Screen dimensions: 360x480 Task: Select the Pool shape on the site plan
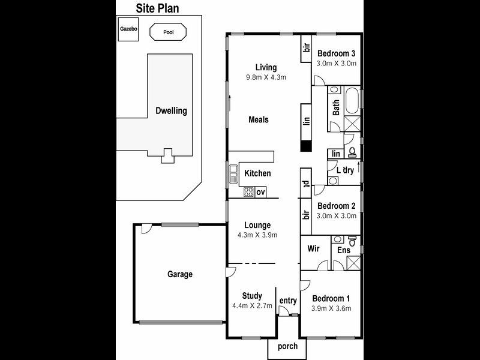point(169,31)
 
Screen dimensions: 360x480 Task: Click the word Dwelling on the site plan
point(171,111)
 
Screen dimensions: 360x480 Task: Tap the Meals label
point(259,119)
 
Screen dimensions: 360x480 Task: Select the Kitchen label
point(257,173)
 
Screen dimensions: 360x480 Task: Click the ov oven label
point(260,193)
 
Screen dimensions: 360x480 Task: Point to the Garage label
point(179,274)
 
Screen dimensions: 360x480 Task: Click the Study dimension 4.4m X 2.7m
point(252,306)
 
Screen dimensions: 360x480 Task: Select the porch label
point(287,347)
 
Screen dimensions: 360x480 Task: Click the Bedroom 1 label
point(331,298)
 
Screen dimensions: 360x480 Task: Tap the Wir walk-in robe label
point(313,249)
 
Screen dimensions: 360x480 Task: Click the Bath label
point(336,107)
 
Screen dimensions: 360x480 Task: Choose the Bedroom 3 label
point(337,52)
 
